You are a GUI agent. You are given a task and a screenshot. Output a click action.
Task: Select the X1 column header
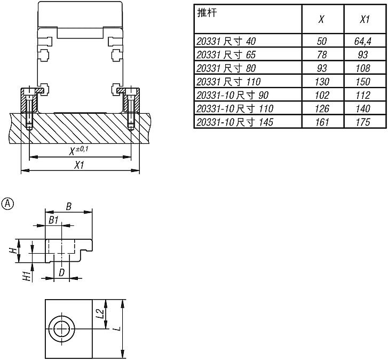(365, 19)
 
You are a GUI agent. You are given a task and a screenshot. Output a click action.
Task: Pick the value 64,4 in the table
(363, 41)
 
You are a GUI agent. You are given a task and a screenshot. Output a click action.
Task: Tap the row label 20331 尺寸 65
(226, 54)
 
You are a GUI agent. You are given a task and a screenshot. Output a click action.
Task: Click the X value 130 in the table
(322, 82)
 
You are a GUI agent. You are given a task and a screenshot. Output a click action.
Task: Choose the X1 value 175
(363, 122)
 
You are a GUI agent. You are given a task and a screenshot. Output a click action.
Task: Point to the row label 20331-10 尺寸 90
(232, 95)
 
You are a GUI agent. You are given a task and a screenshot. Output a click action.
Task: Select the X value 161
(322, 122)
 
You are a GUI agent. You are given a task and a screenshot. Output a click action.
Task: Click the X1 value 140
(363, 108)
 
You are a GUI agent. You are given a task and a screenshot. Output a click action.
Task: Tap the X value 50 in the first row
(322, 41)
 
